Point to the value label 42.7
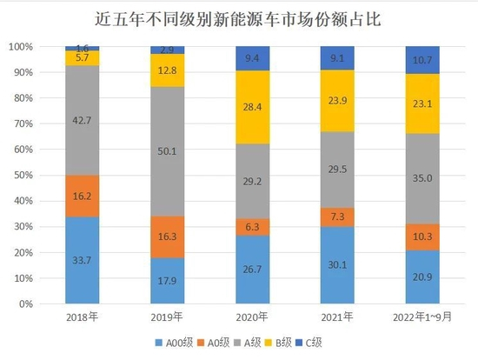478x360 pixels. pos(83,121)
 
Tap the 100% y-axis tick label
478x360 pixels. pos(20,47)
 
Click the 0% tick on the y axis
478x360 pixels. pos(25,305)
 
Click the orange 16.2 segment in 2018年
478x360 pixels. pos(83,196)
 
